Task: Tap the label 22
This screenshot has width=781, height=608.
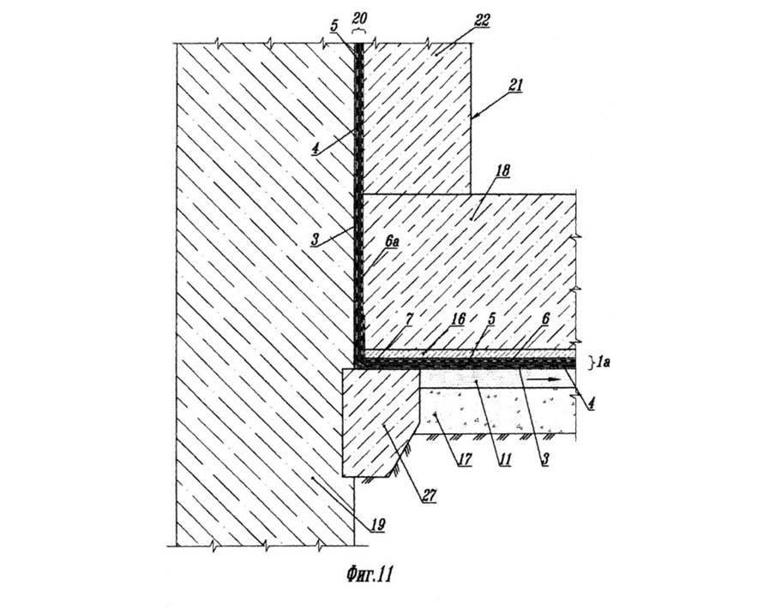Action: point(482,21)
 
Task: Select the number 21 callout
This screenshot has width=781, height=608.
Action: point(515,85)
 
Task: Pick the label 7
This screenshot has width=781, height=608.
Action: point(408,319)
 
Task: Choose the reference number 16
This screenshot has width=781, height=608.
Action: point(457,319)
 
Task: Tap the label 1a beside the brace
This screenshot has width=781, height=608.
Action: point(603,361)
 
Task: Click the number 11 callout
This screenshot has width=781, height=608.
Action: point(505,459)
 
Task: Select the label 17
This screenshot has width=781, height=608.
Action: point(464,459)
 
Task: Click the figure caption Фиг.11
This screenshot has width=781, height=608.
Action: point(369,575)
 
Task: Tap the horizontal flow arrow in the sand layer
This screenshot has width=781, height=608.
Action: point(541,379)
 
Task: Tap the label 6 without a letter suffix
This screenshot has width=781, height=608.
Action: point(545,319)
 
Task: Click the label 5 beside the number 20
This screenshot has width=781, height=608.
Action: point(334,25)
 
